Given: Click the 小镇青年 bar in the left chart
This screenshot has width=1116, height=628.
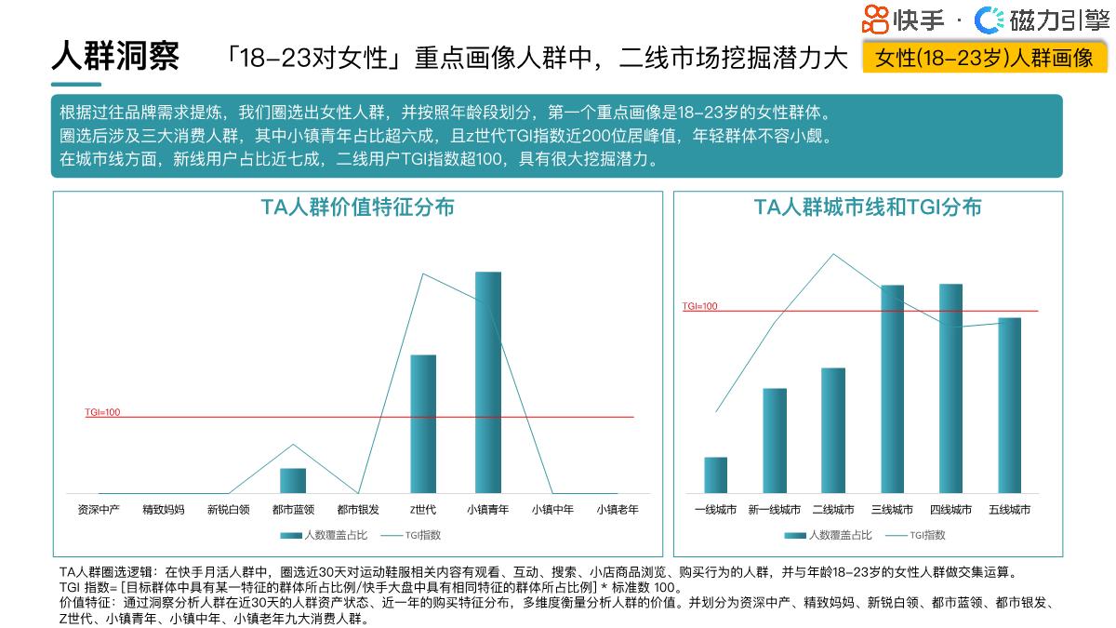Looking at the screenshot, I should (x=488, y=382).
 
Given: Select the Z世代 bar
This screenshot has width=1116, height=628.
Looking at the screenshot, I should (x=423, y=423).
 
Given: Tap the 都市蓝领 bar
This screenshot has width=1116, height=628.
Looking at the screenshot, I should (x=293, y=480).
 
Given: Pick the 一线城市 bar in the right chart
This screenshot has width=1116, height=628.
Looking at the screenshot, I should (x=716, y=474).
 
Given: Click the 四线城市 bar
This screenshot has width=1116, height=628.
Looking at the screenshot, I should (x=950, y=388).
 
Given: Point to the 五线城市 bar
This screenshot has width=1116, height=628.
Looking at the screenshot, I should (x=1009, y=405).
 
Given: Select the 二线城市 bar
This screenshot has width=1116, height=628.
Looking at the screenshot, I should (x=833, y=430).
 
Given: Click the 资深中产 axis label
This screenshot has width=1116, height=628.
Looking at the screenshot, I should (x=99, y=510).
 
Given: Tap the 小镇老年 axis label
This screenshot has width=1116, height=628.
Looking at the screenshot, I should (x=618, y=510).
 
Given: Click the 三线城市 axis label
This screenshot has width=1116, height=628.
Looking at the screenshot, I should (x=892, y=510).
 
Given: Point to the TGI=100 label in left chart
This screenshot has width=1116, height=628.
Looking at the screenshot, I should (x=102, y=412).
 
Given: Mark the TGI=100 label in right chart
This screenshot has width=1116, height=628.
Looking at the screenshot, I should (x=700, y=306).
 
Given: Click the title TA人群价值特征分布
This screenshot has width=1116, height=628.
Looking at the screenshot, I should (x=358, y=207).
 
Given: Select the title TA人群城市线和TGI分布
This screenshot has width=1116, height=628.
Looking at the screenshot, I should (x=868, y=207).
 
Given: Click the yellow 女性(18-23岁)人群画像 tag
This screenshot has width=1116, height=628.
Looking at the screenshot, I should (x=985, y=58).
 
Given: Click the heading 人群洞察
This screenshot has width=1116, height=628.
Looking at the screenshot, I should (x=115, y=57).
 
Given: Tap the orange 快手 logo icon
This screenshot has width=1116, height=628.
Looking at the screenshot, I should (x=875, y=19).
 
